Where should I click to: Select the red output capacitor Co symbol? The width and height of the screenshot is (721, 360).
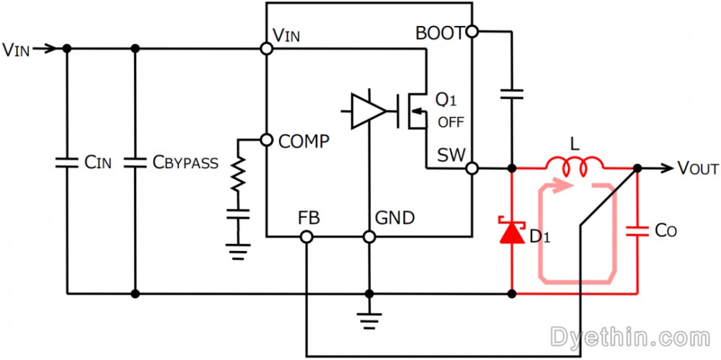click(x=637, y=231)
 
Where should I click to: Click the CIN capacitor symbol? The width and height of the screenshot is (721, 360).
click(x=67, y=162)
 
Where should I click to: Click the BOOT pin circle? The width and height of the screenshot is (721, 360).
click(x=472, y=32)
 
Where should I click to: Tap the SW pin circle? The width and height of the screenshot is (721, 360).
click(x=472, y=169)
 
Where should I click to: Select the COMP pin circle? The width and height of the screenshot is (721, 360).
click(x=266, y=139)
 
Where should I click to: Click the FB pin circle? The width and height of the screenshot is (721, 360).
click(x=306, y=237)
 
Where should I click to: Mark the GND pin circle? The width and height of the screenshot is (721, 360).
click(x=368, y=237)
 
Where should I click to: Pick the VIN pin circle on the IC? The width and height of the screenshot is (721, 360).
click(x=266, y=48)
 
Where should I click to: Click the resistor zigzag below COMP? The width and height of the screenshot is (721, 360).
click(x=238, y=174)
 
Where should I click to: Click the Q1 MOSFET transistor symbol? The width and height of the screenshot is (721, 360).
click(x=414, y=111)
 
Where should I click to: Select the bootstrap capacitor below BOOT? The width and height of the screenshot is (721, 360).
click(x=512, y=95)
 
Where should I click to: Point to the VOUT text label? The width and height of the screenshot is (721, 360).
click(x=697, y=169)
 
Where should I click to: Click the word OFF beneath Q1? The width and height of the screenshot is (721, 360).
click(x=451, y=123)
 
